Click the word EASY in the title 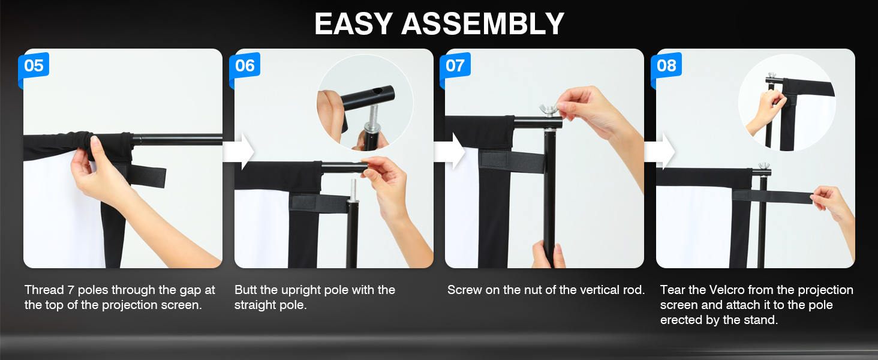pos(354,24)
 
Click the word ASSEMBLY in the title pos(483,24)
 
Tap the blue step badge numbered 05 pos(34,65)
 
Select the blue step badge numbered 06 pos(245,65)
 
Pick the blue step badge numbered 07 pos(455,65)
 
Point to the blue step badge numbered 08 pos(666,65)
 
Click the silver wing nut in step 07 pos(550,109)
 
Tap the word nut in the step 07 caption pos(537,290)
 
